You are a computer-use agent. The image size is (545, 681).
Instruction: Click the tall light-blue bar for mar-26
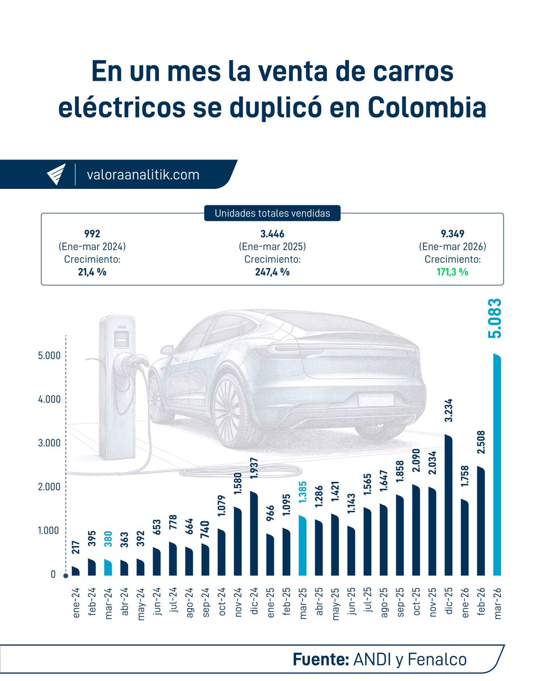pyautogui.click(x=497, y=465)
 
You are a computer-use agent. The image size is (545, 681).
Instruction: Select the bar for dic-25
pyautogui.click(x=448, y=505)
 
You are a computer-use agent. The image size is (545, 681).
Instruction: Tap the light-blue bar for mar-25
pyautogui.click(x=302, y=545)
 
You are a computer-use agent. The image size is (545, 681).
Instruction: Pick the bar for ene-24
pyautogui.click(x=76, y=571)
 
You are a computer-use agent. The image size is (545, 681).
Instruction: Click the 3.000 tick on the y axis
pyautogui.click(x=43, y=443)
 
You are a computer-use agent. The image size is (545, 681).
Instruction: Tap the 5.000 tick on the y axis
pyautogui.click(x=43, y=356)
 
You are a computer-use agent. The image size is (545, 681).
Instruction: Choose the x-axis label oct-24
pyautogui.click(x=221, y=603)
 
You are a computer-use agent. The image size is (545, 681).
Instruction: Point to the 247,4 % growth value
pyautogui.click(x=272, y=272)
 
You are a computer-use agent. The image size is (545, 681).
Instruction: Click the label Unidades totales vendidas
pyautogui.click(x=272, y=213)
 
